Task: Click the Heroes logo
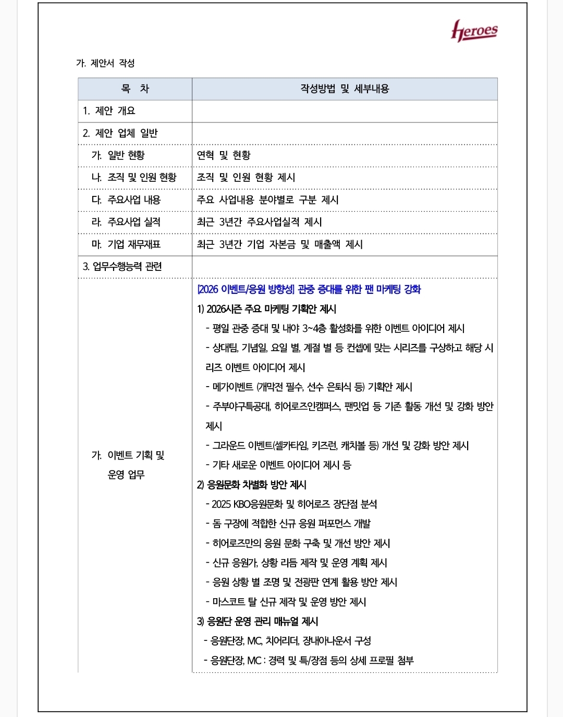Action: pyautogui.click(x=474, y=31)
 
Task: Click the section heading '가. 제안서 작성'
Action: pyautogui.click(x=105, y=63)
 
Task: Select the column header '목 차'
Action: pyautogui.click(x=135, y=89)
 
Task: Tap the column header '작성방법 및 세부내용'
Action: pyautogui.click(x=345, y=89)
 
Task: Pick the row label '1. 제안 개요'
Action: pyautogui.click(x=109, y=111)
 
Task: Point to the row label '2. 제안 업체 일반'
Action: pyautogui.click(x=120, y=133)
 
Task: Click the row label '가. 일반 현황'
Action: pyautogui.click(x=118, y=155)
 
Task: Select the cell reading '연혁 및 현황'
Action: pyautogui.click(x=224, y=155)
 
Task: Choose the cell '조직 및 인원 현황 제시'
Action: pyautogui.click(x=246, y=178)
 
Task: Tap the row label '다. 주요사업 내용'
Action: pyautogui.click(x=126, y=200)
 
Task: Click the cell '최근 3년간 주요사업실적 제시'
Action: pyautogui.click(x=259, y=222)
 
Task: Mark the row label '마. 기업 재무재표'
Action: pyautogui.click(x=126, y=244)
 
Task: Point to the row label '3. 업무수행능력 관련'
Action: pyautogui.click(x=123, y=267)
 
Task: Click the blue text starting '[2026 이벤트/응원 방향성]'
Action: pyautogui.click(x=309, y=289)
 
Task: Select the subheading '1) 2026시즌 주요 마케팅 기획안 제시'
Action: pyautogui.click(x=266, y=309)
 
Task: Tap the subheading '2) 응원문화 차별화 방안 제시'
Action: pyautogui.click(x=251, y=485)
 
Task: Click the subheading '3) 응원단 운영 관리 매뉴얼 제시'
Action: pyautogui.click(x=258, y=621)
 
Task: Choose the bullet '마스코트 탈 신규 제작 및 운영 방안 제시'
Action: pyautogui.click(x=289, y=602)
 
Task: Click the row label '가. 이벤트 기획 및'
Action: pyautogui.click(x=128, y=455)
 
